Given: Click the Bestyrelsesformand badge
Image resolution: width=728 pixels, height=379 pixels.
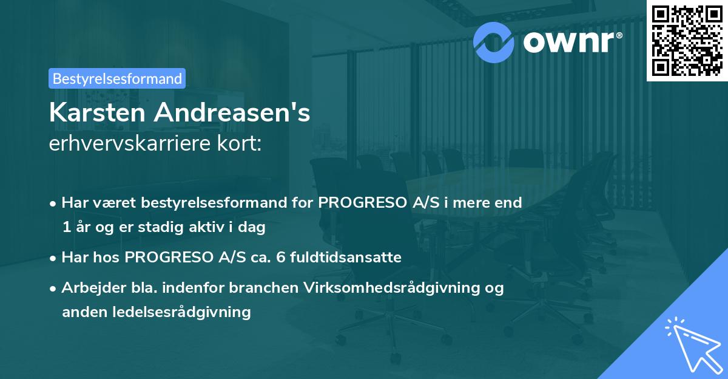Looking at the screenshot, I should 117,78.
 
